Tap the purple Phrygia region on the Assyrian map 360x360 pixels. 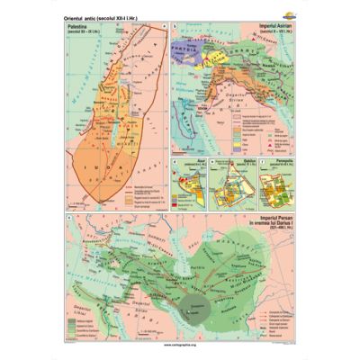point(185,40)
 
